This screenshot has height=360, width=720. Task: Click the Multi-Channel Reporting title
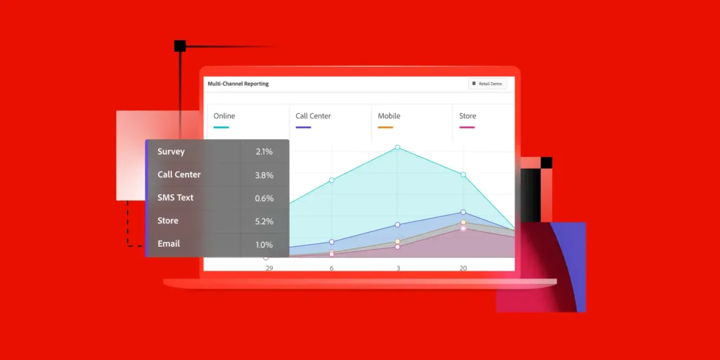(x=238, y=84)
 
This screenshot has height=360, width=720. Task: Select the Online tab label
(x=224, y=116)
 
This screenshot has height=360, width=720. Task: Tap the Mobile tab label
(x=389, y=116)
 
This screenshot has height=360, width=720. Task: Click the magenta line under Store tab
(x=467, y=127)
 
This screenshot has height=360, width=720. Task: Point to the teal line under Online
(x=221, y=127)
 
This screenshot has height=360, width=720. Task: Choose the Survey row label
(x=171, y=152)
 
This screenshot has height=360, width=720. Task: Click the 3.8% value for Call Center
(x=264, y=175)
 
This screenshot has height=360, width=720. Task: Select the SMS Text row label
(x=175, y=198)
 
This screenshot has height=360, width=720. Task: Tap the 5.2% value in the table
(x=264, y=221)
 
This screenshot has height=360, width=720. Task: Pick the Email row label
(x=169, y=244)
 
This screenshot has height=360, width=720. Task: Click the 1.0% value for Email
(x=264, y=245)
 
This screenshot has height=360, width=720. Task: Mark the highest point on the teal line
(x=398, y=148)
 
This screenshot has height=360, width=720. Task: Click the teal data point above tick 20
(x=463, y=174)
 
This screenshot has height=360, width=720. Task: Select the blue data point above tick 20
(x=463, y=212)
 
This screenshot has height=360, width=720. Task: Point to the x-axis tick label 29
(x=269, y=268)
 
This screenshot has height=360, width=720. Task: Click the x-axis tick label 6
(x=332, y=268)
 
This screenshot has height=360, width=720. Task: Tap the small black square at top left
(x=180, y=46)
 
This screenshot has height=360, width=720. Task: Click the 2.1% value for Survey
(x=264, y=152)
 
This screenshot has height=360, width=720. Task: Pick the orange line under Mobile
(x=385, y=127)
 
